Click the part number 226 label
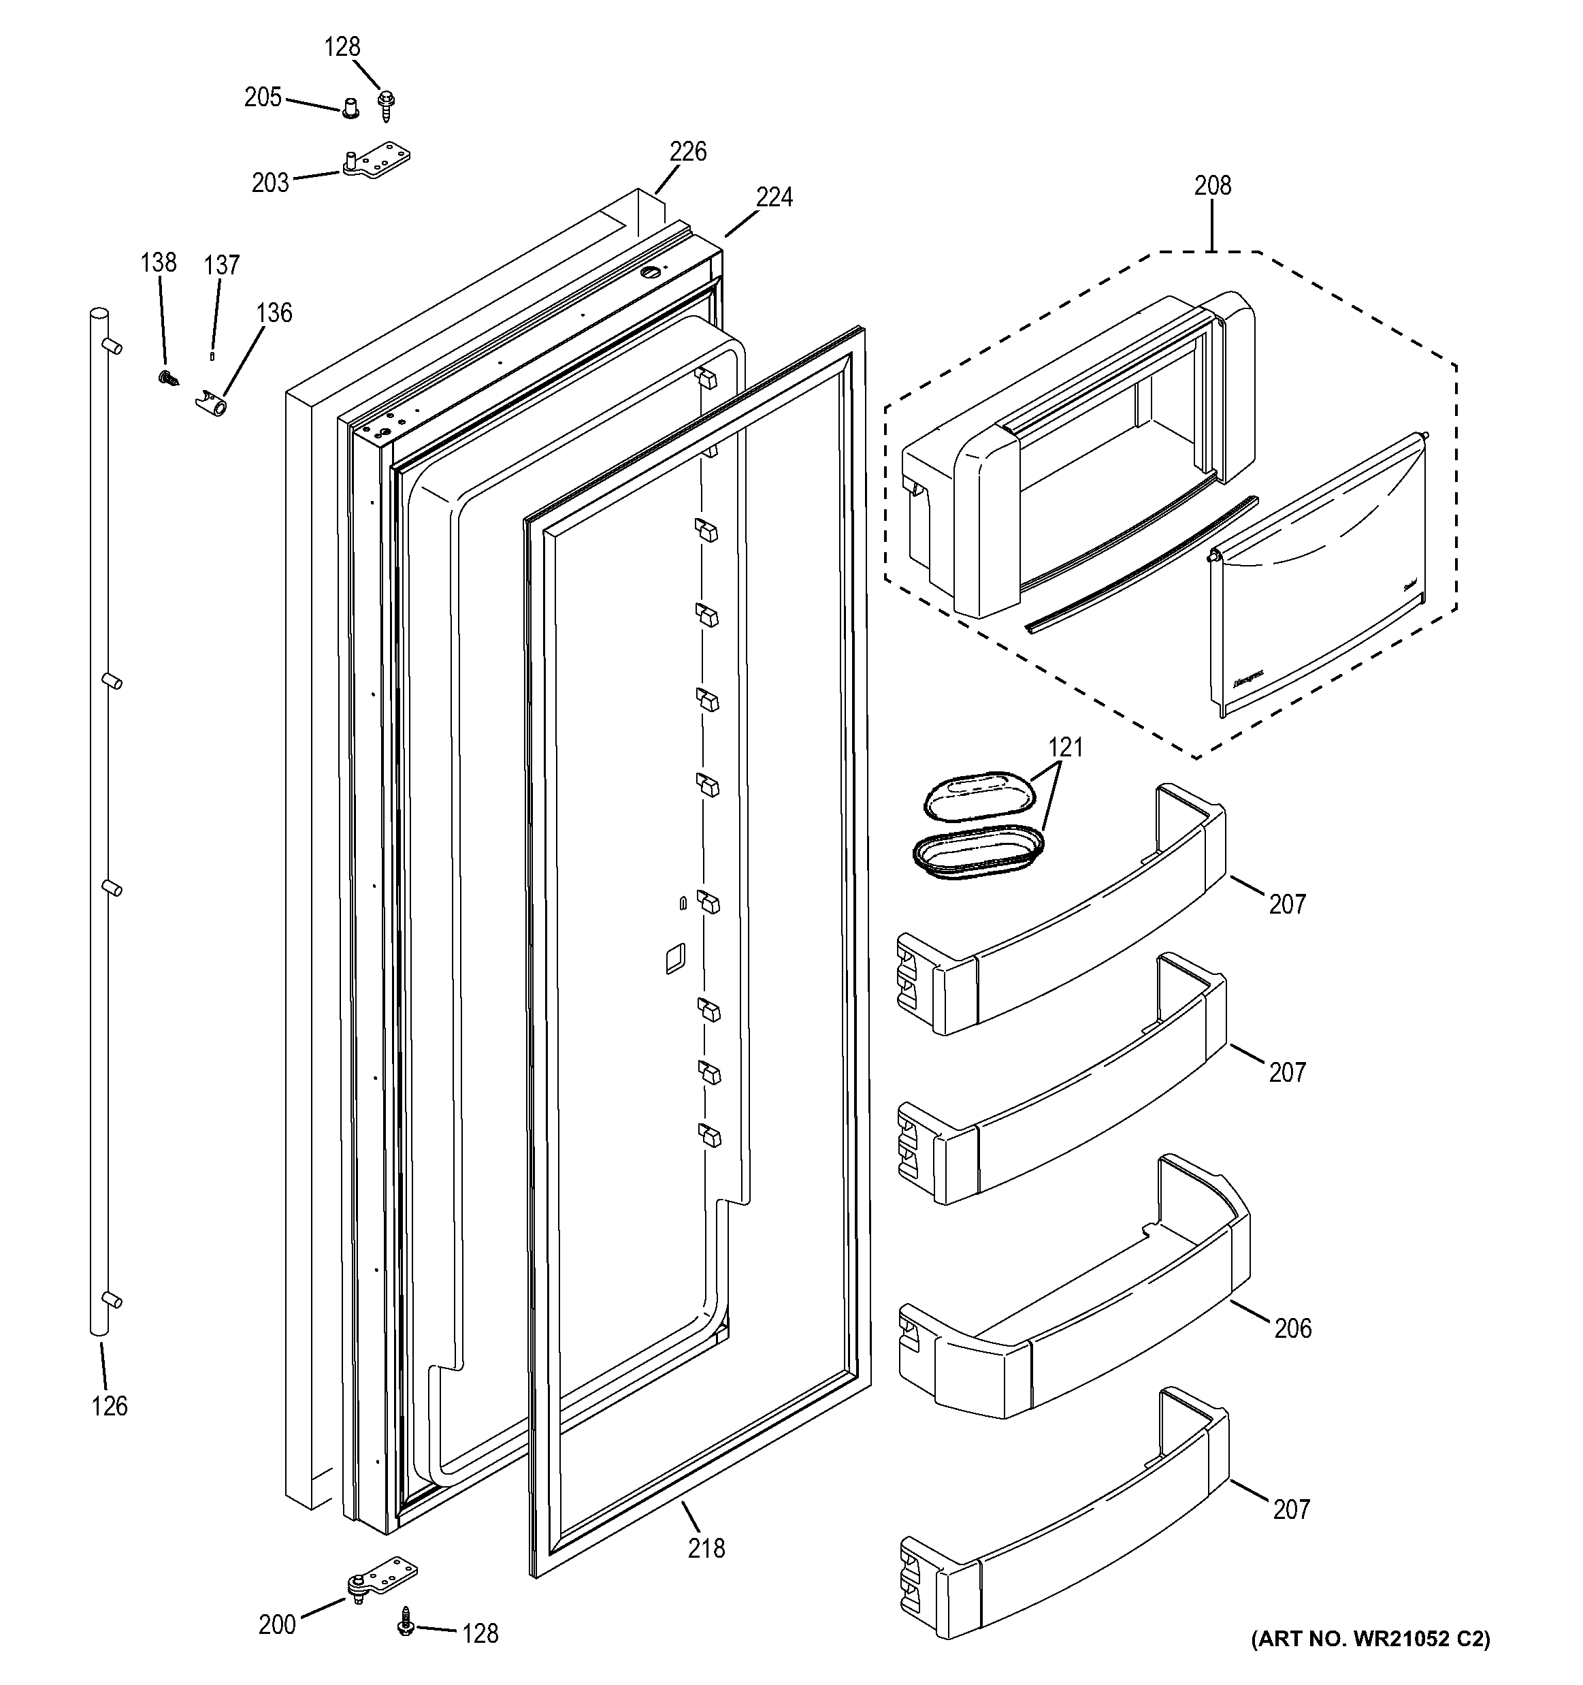pos(687,152)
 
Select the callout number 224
pos(774,197)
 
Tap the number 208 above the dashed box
pos(1212,186)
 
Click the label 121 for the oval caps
pos(1065,748)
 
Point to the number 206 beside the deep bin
pos(1292,1328)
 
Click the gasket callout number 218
pos(706,1549)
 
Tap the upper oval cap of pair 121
pos(974,795)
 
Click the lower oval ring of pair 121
pos(977,854)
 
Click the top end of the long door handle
pos(100,315)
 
